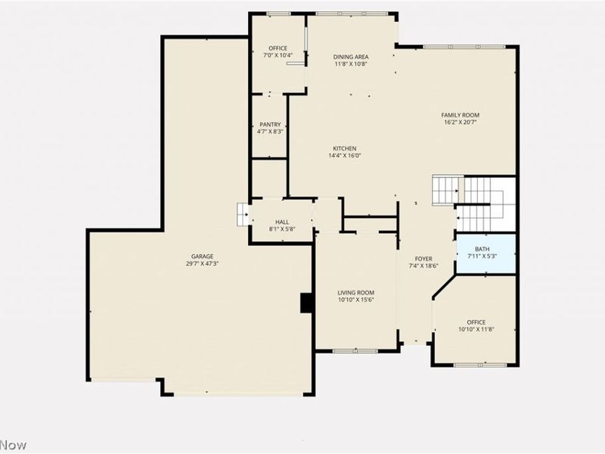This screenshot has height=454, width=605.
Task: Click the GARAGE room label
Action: [x=202, y=256]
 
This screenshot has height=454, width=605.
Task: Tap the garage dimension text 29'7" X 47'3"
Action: [x=202, y=264]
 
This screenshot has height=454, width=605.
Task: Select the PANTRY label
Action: [x=270, y=125]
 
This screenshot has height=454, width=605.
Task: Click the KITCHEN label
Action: [x=345, y=148]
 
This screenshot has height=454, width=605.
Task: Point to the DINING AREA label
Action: [x=350, y=57]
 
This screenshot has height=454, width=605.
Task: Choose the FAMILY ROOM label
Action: [x=461, y=115]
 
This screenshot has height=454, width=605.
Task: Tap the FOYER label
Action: [x=423, y=259]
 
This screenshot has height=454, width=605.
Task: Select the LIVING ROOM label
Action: [x=355, y=293]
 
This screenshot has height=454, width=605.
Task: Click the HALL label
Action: [x=281, y=222]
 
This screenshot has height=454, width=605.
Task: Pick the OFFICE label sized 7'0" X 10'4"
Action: [x=278, y=48]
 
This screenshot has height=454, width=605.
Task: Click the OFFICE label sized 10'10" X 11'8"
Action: [x=476, y=322]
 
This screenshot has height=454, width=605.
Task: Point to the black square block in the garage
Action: [x=307, y=303]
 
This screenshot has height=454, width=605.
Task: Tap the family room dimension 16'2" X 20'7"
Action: [x=461, y=123]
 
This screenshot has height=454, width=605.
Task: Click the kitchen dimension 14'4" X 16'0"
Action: [x=345, y=156]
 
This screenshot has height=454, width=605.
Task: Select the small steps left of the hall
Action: [x=243, y=215]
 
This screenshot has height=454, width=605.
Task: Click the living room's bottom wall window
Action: [x=355, y=350]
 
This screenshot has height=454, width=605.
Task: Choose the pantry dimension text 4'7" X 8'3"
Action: [x=270, y=132]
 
